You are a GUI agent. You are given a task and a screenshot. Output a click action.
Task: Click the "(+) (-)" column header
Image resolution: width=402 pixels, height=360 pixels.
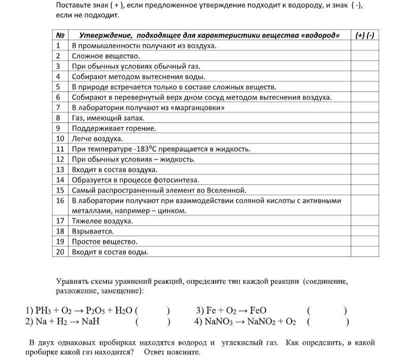tap(364, 35)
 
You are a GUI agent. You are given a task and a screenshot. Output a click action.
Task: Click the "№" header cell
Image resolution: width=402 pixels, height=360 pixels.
tap(61, 35)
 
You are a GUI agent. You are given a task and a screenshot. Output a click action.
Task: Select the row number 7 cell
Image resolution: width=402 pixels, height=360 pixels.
tap(59, 107)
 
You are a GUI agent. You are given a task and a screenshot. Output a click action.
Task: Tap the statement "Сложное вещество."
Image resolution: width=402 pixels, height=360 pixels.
tap(105, 56)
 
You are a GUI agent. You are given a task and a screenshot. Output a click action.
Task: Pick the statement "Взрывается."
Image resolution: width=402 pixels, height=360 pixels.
tap(92, 231)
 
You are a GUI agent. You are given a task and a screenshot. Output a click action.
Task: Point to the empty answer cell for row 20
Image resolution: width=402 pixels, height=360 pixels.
tap(364, 251)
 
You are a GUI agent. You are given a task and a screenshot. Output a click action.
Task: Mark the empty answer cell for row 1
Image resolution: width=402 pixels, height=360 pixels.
tap(364, 46)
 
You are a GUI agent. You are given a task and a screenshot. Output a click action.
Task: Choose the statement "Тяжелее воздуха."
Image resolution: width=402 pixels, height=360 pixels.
tap(102, 221)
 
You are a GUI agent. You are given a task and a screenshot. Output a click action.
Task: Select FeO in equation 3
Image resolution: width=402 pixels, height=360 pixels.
tap(258, 311)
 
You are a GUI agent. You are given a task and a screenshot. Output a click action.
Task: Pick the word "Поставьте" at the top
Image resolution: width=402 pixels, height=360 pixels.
tap(74, 5)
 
